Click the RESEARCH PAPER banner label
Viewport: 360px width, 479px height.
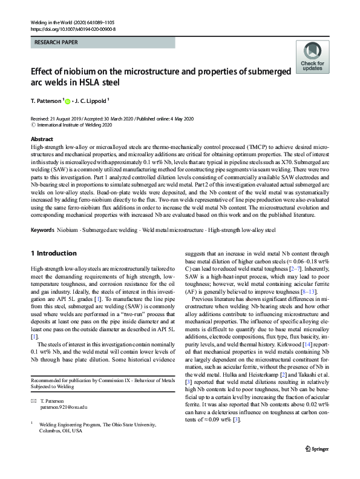click(56, 43)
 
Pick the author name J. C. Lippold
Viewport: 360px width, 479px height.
click(93, 102)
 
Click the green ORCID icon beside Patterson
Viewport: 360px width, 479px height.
click(68, 102)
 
